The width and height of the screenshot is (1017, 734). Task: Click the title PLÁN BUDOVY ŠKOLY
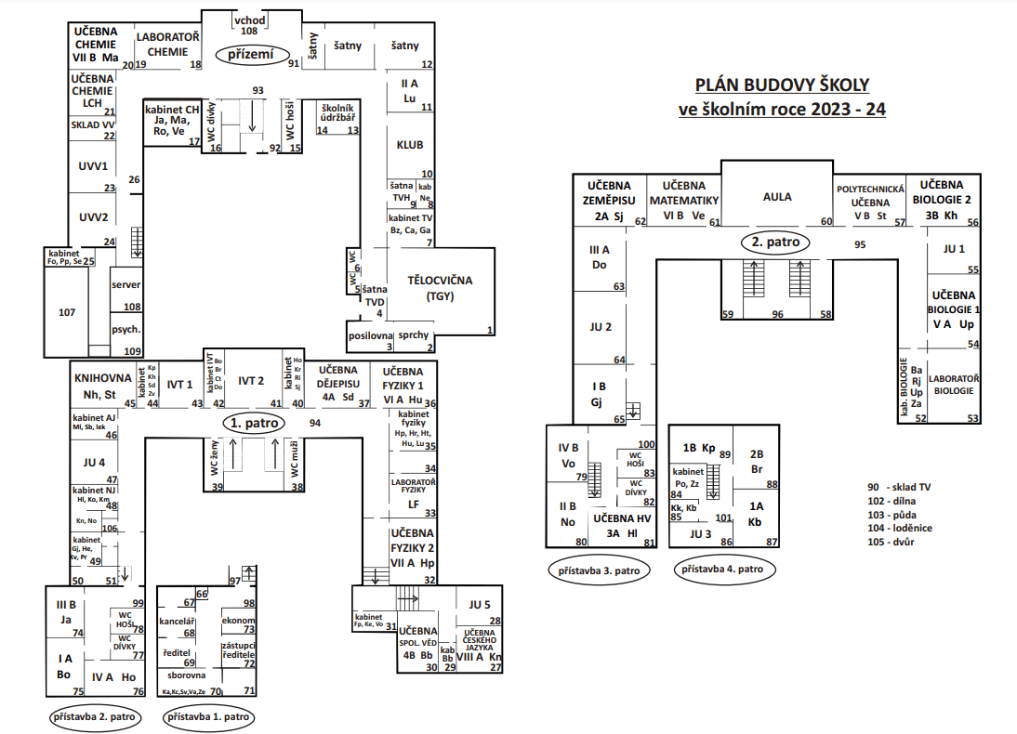(x=782, y=85)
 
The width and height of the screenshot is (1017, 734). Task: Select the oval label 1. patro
(x=254, y=423)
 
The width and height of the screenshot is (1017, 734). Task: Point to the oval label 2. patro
(x=775, y=242)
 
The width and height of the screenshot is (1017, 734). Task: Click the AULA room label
(x=777, y=197)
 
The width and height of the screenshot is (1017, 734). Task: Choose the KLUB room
(x=410, y=146)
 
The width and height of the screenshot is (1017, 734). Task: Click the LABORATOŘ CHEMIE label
(x=168, y=44)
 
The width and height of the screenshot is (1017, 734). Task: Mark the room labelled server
(x=125, y=284)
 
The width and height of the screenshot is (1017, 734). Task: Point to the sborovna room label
(x=186, y=675)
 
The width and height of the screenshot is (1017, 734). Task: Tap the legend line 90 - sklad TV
(x=901, y=488)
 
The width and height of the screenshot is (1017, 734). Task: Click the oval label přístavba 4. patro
(x=722, y=569)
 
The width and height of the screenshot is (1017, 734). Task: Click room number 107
(x=66, y=312)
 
